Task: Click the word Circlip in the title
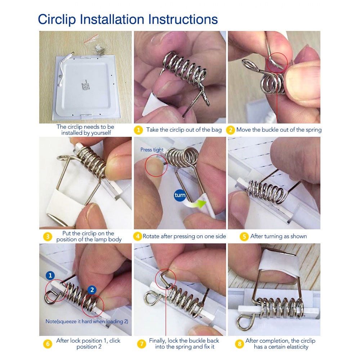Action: point(57,19)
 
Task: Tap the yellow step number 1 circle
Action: point(138,130)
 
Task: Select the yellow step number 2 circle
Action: point(230,130)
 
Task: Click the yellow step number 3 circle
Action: point(48,237)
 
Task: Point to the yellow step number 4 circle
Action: point(138,237)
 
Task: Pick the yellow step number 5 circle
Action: point(244,237)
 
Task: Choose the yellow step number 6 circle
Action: point(48,344)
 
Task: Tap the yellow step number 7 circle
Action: point(141,344)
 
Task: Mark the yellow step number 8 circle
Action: point(239,344)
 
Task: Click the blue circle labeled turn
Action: point(180,195)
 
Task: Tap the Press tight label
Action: point(152,150)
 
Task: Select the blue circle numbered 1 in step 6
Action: point(50,275)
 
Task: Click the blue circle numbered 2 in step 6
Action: point(92,290)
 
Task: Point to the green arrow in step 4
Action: point(195,204)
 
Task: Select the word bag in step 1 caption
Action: point(216,130)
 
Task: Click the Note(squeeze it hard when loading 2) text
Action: point(87,321)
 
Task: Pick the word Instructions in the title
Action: point(183,19)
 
